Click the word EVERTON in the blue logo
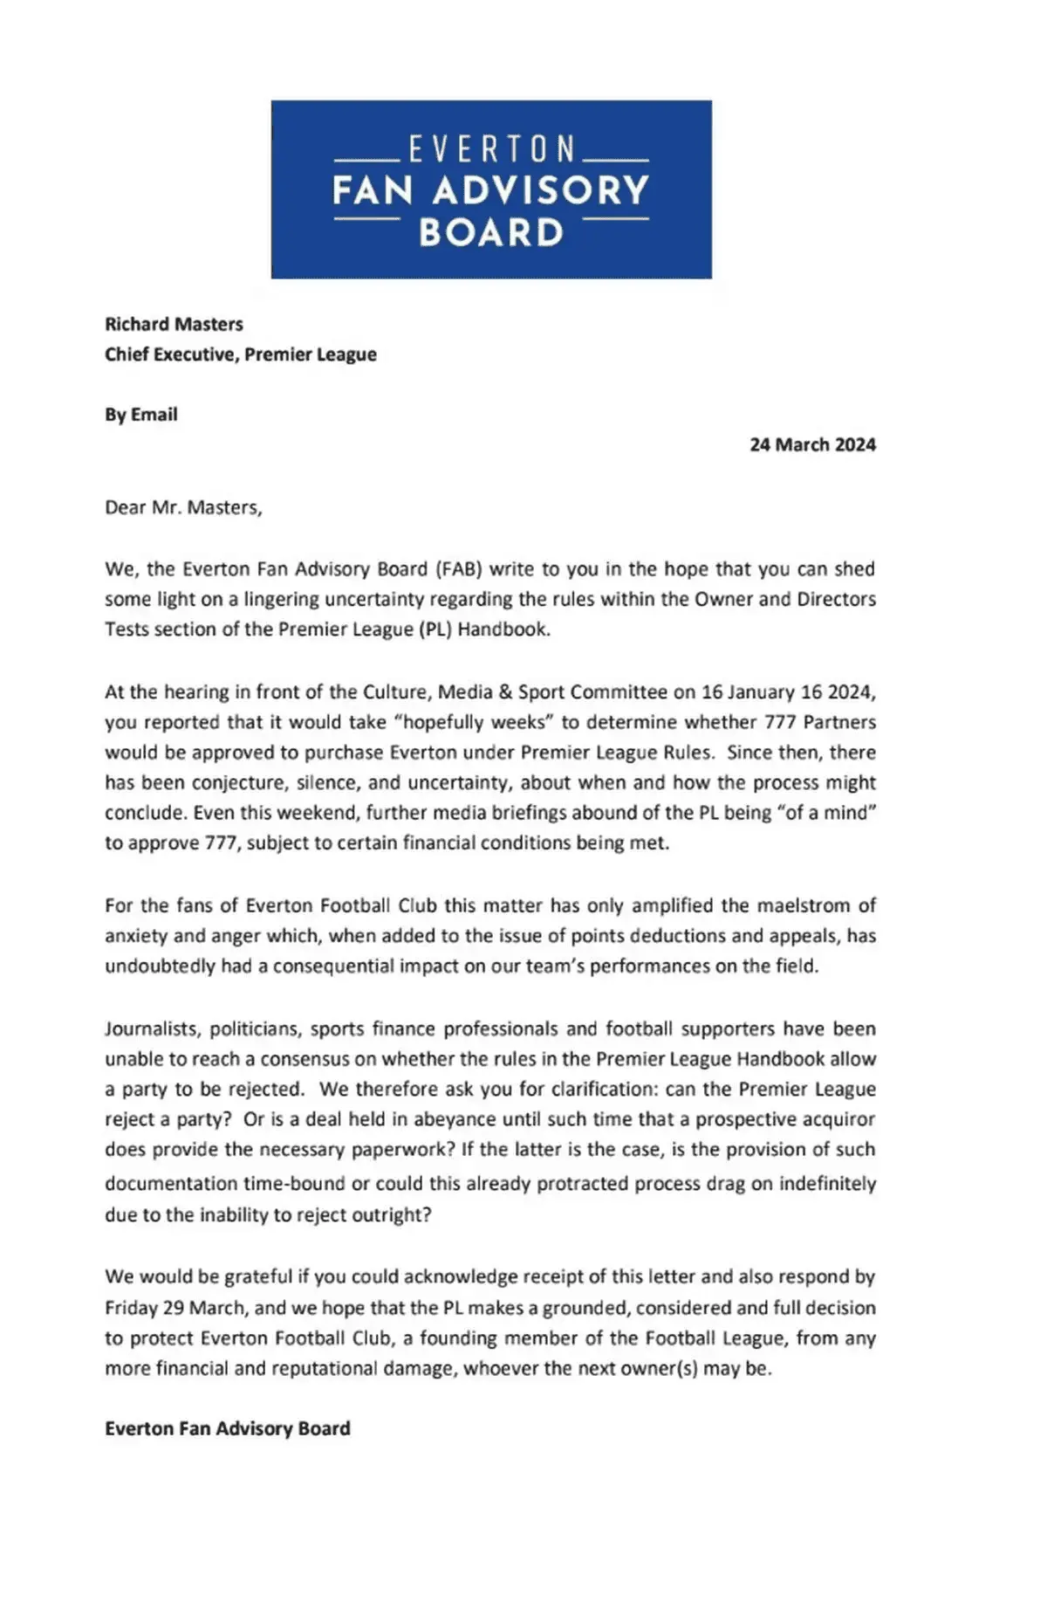491,149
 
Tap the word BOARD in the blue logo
491,233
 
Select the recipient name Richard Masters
174,324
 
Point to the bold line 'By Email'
140,415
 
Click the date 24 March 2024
812,444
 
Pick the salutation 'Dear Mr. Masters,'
183,507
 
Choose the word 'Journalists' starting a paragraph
151,1028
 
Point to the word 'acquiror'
838,1119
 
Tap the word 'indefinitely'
827,1184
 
